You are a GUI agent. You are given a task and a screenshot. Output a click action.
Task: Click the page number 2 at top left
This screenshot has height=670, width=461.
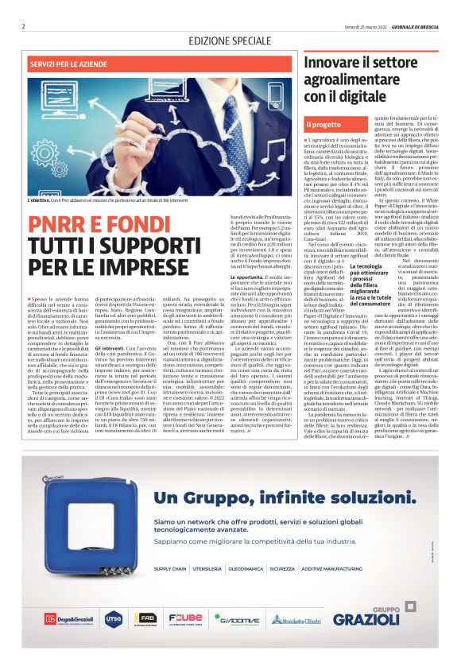click(24, 26)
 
